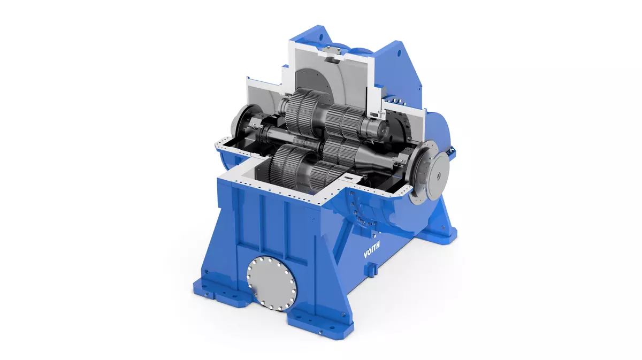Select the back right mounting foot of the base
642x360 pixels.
pyautogui.click(x=444, y=230)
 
